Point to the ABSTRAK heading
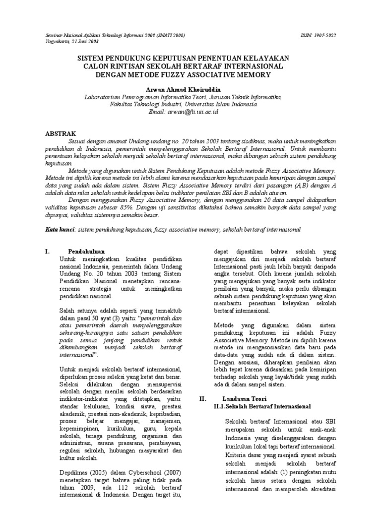61,133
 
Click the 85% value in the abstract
144,207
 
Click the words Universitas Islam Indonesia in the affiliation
226,105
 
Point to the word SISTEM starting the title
91,58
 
